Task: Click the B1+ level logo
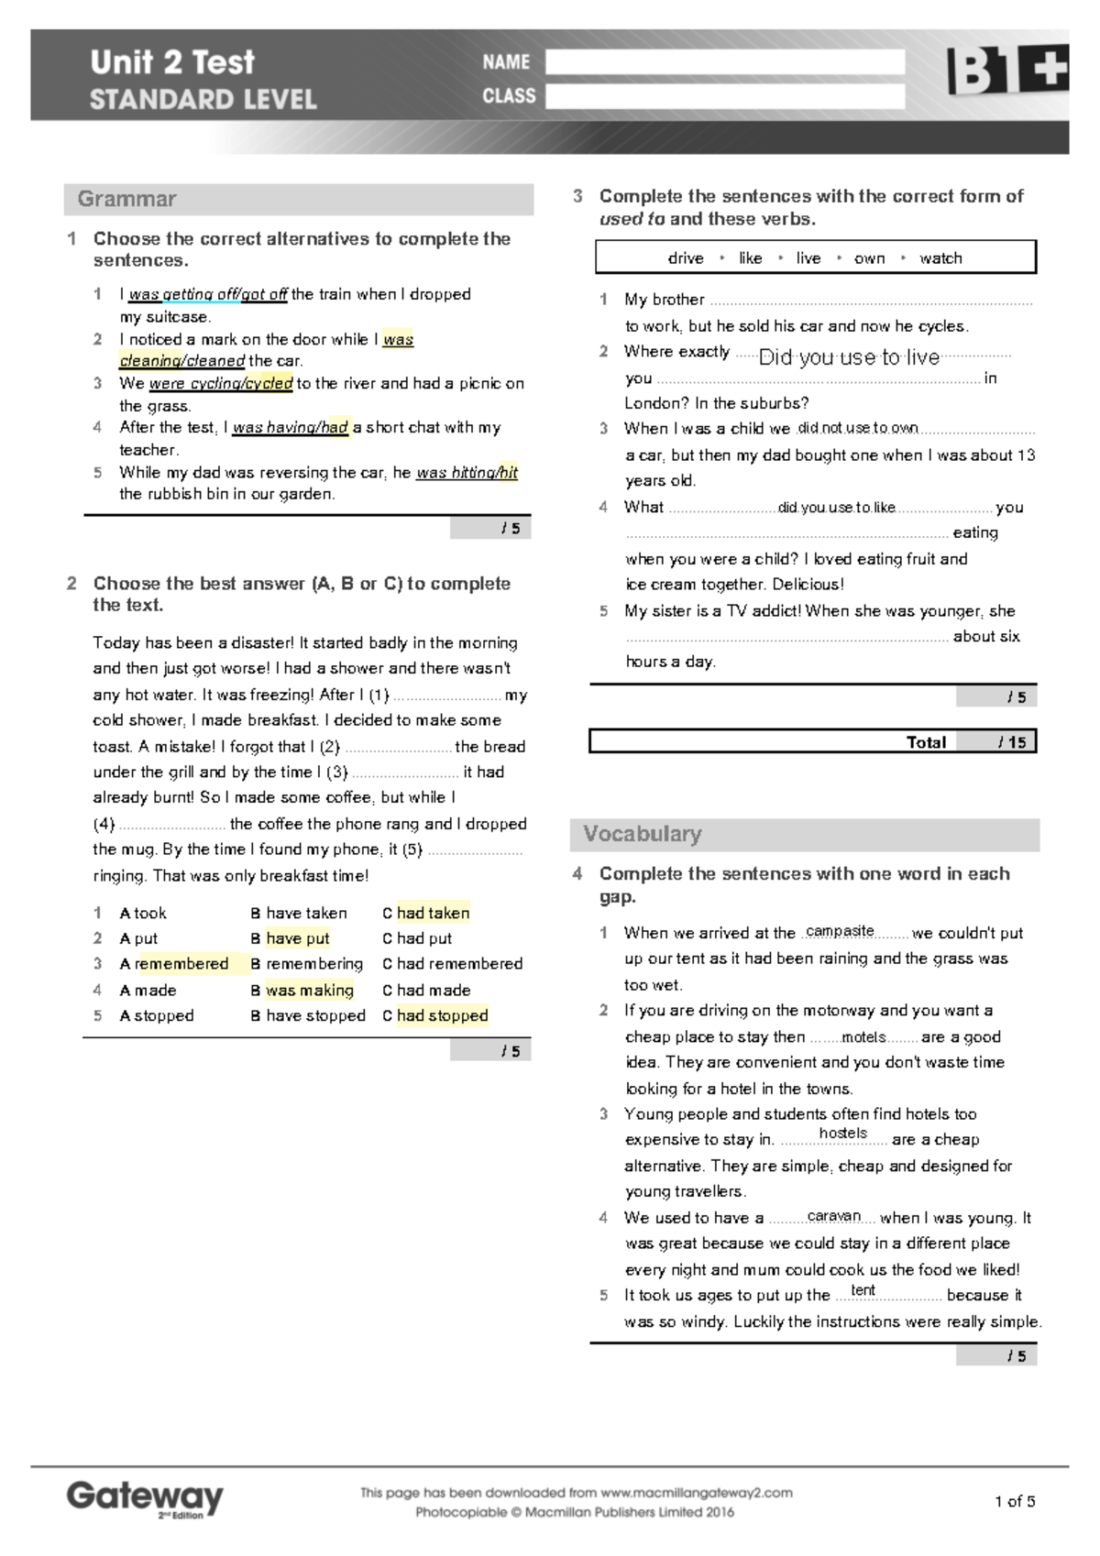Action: click(1006, 70)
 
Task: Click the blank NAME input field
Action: click(724, 62)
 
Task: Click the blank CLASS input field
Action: click(724, 96)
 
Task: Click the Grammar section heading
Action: click(127, 199)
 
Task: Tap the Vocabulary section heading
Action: click(643, 834)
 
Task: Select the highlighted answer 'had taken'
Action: click(433, 913)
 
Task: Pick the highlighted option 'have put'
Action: click(297, 938)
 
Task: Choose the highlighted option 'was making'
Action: click(309, 990)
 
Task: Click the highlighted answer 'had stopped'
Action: click(442, 1015)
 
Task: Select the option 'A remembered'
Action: click(174, 964)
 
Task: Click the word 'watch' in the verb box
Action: click(940, 258)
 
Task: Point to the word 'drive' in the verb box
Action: click(686, 258)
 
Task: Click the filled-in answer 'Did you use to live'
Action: click(849, 357)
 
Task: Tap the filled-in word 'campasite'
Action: click(840, 931)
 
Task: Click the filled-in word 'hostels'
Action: click(842, 1134)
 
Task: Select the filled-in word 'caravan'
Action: click(834, 1216)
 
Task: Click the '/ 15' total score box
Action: click(1012, 742)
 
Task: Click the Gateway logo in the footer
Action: click(145, 1498)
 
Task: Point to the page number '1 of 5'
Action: click(1015, 1501)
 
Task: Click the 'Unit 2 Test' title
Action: click(172, 62)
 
